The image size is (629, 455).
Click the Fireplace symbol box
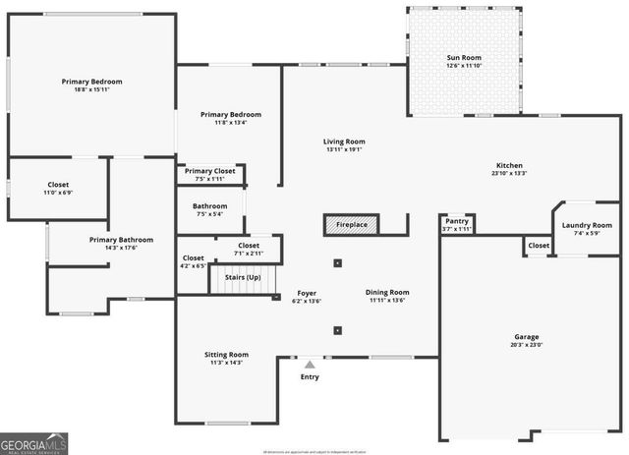click(x=351, y=225)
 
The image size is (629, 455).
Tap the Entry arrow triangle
click(x=310, y=365)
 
